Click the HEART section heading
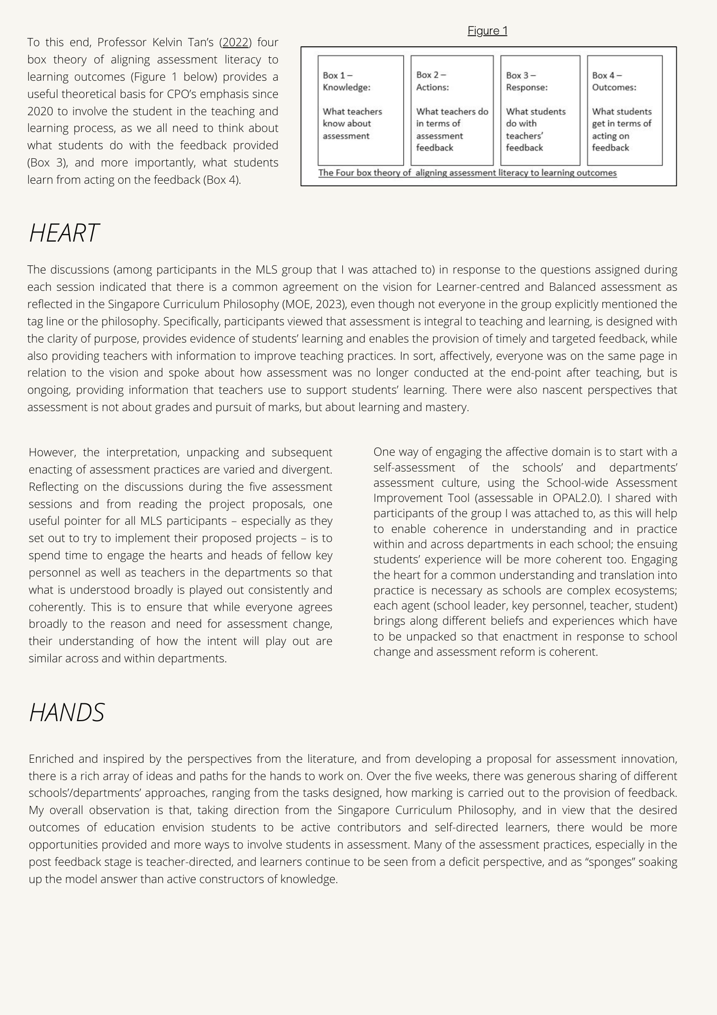(x=64, y=233)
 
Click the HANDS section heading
(x=67, y=713)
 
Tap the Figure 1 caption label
(x=487, y=31)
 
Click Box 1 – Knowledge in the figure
(x=361, y=110)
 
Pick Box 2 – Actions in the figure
(x=452, y=110)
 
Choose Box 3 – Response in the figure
(x=540, y=110)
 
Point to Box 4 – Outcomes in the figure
(x=625, y=110)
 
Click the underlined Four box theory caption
(x=467, y=173)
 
